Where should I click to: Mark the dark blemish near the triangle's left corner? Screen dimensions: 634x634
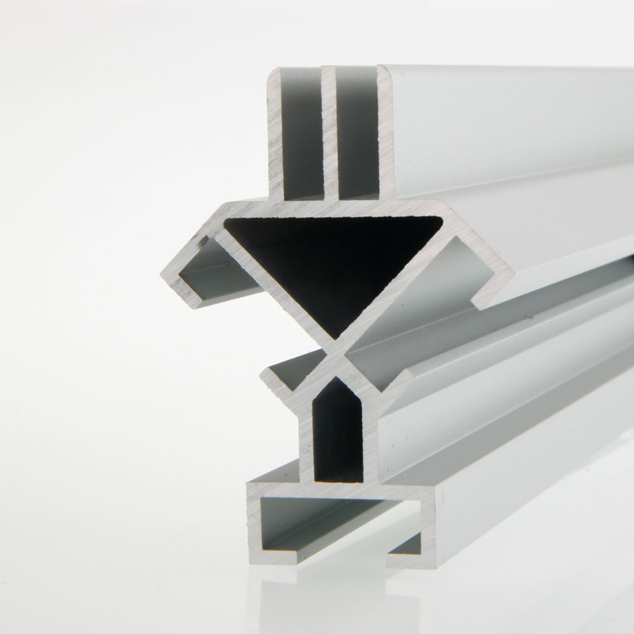(204, 241)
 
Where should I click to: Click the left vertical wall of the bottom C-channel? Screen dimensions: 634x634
(254, 520)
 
